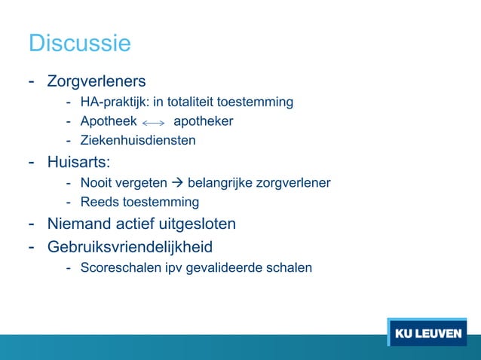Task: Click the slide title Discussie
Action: tap(79, 43)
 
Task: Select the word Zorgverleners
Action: tap(97, 81)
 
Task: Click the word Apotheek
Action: tap(109, 121)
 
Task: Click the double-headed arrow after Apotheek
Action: tap(153, 122)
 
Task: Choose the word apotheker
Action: tap(203, 121)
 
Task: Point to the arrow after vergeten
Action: tap(178, 182)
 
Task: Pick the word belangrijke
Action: tap(223, 182)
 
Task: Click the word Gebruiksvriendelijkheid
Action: tap(130, 246)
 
